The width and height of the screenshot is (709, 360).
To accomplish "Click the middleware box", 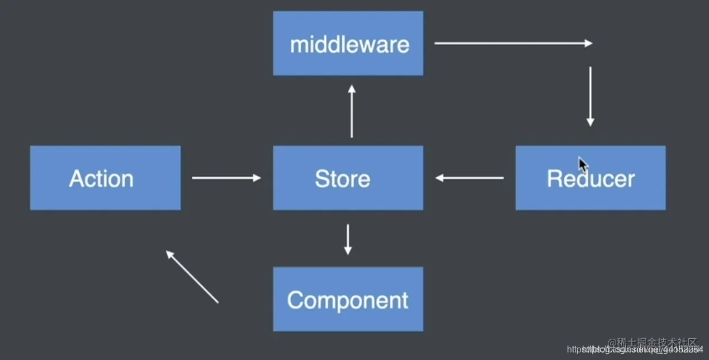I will (348, 43).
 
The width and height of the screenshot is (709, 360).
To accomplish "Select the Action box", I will (105, 178).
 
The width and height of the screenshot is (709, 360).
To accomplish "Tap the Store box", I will (348, 178).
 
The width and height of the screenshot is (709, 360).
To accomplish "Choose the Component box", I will (348, 299).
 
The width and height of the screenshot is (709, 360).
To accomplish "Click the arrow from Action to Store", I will (226, 178).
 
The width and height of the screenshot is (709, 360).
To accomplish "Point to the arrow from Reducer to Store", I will (470, 178).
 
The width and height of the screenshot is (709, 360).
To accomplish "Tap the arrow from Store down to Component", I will (348, 239).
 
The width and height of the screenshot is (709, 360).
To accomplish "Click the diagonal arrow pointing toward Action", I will (192, 276).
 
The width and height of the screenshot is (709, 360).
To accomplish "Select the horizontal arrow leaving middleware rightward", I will (513, 43).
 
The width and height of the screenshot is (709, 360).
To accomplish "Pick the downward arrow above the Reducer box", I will (590, 96).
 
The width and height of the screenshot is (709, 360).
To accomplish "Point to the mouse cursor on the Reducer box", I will (583, 165).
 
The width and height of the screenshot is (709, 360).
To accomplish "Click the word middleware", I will (349, 44).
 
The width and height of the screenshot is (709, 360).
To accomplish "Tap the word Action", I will (101, 179).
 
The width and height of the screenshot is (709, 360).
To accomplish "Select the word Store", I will (342, 179).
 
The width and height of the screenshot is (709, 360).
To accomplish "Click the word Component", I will (348, 301).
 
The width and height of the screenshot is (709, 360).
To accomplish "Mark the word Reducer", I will (590, 179).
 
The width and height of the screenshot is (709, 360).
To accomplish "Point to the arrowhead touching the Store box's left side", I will (257, 178).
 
